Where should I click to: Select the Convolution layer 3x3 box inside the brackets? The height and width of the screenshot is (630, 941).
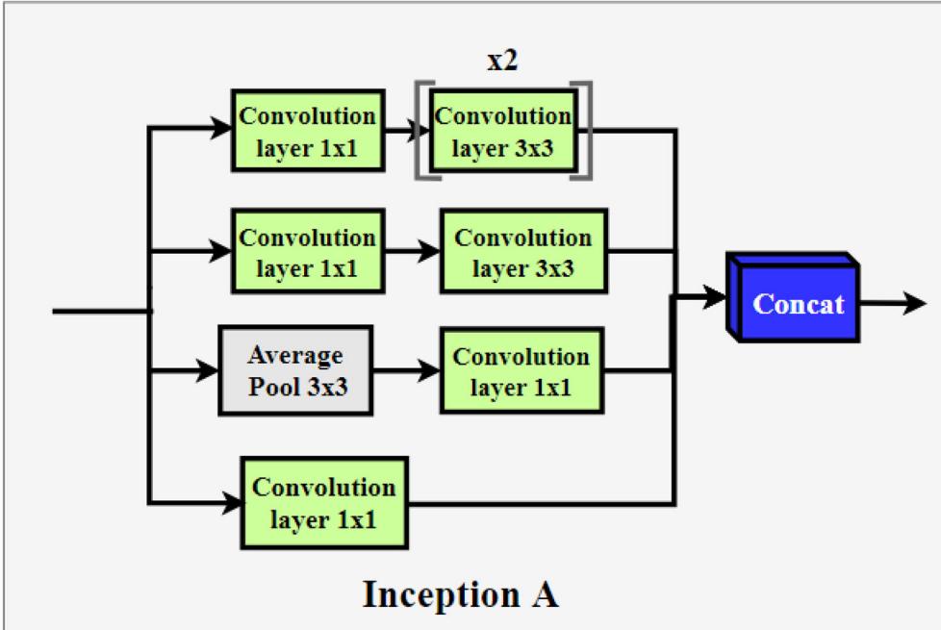coord(503,131)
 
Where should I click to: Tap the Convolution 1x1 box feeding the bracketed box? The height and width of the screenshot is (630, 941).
coord(308,131)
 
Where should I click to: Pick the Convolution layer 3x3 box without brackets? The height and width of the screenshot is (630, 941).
coord(522,252)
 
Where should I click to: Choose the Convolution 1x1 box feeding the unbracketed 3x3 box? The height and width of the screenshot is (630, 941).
coord(308,252)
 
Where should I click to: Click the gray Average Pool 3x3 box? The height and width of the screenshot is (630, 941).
coord(295,370)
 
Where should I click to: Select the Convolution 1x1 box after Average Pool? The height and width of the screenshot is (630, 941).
coord(521,371)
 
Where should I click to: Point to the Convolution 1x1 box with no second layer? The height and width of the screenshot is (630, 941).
coord(323,502)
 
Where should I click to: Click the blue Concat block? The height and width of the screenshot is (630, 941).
coord(795,304)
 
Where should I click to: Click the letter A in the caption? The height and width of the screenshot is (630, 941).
coord(543,594)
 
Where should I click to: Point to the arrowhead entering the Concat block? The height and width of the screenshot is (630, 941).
coord(714,298)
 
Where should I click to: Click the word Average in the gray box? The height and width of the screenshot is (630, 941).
coord(294,356)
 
